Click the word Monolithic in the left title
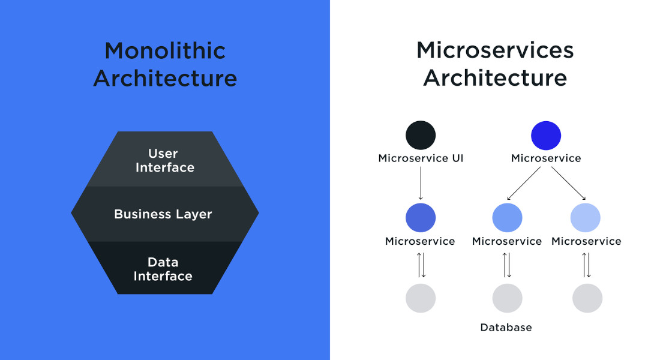[x=165, y=50]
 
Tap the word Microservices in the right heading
[x=495, y=50]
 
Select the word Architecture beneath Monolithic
[x=165, y=79]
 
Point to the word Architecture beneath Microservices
[x=495, y=79]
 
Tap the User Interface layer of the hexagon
[x=164, y=160]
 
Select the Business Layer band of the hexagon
[x=163, y=214]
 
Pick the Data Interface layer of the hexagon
[x=163, y=269]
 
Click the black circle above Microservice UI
[x=421, y=135]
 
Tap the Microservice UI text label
[x=421, y=158]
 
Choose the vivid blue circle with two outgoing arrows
[x=546, y=135]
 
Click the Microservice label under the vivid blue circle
[x=546, y=158]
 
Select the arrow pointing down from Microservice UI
[x=421, y=183]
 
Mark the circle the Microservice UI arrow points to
[x=421, y=217]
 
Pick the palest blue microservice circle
[x=586, y=217]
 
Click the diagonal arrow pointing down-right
[x=568, y=183]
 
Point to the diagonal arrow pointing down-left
[x=524, y=183]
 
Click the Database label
[x=506, y=328]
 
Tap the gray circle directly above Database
[x=507, y=298]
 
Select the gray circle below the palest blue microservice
[x=587, y=298]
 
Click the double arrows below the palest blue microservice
[x=586, y=265]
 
